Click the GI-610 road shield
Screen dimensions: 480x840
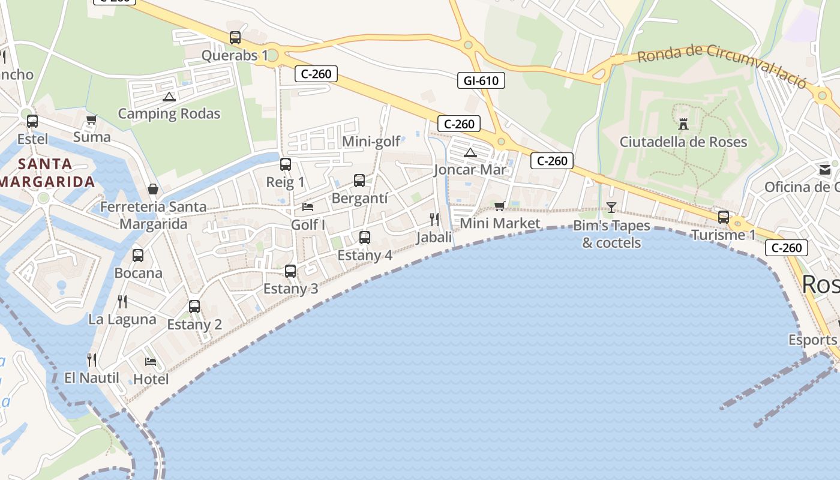click(x=481, y=80)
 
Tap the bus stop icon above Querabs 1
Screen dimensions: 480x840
click(x=235, y=38)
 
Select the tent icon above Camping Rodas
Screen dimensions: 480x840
click(x=169, y=97)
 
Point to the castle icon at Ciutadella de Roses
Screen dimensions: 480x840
click(x=683, y=124)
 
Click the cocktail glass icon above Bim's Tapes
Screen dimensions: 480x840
click(x=611, y=208)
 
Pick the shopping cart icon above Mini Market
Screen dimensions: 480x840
click(x=499, y=206)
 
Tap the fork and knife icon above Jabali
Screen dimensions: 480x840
click(x=434, y=220)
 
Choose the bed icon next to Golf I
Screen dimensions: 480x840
click(x=308, y=207)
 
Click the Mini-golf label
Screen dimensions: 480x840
click(x=371, y=142)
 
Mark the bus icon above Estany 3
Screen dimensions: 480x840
click(x=290, y=271)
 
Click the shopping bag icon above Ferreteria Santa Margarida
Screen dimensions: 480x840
click(x=153, y=189)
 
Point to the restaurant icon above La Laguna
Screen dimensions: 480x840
click(x=122, y=301)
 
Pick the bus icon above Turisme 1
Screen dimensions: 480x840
click(x=724, y=217)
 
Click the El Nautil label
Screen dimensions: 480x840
click(x=92, y=378)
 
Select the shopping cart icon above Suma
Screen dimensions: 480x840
click(x=92, y=120)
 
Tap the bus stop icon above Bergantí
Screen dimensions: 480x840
click(x=359, y=181)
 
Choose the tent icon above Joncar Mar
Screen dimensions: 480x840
click(x=470, y=152)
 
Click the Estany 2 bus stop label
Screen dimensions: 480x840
click(x=194, y=325)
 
